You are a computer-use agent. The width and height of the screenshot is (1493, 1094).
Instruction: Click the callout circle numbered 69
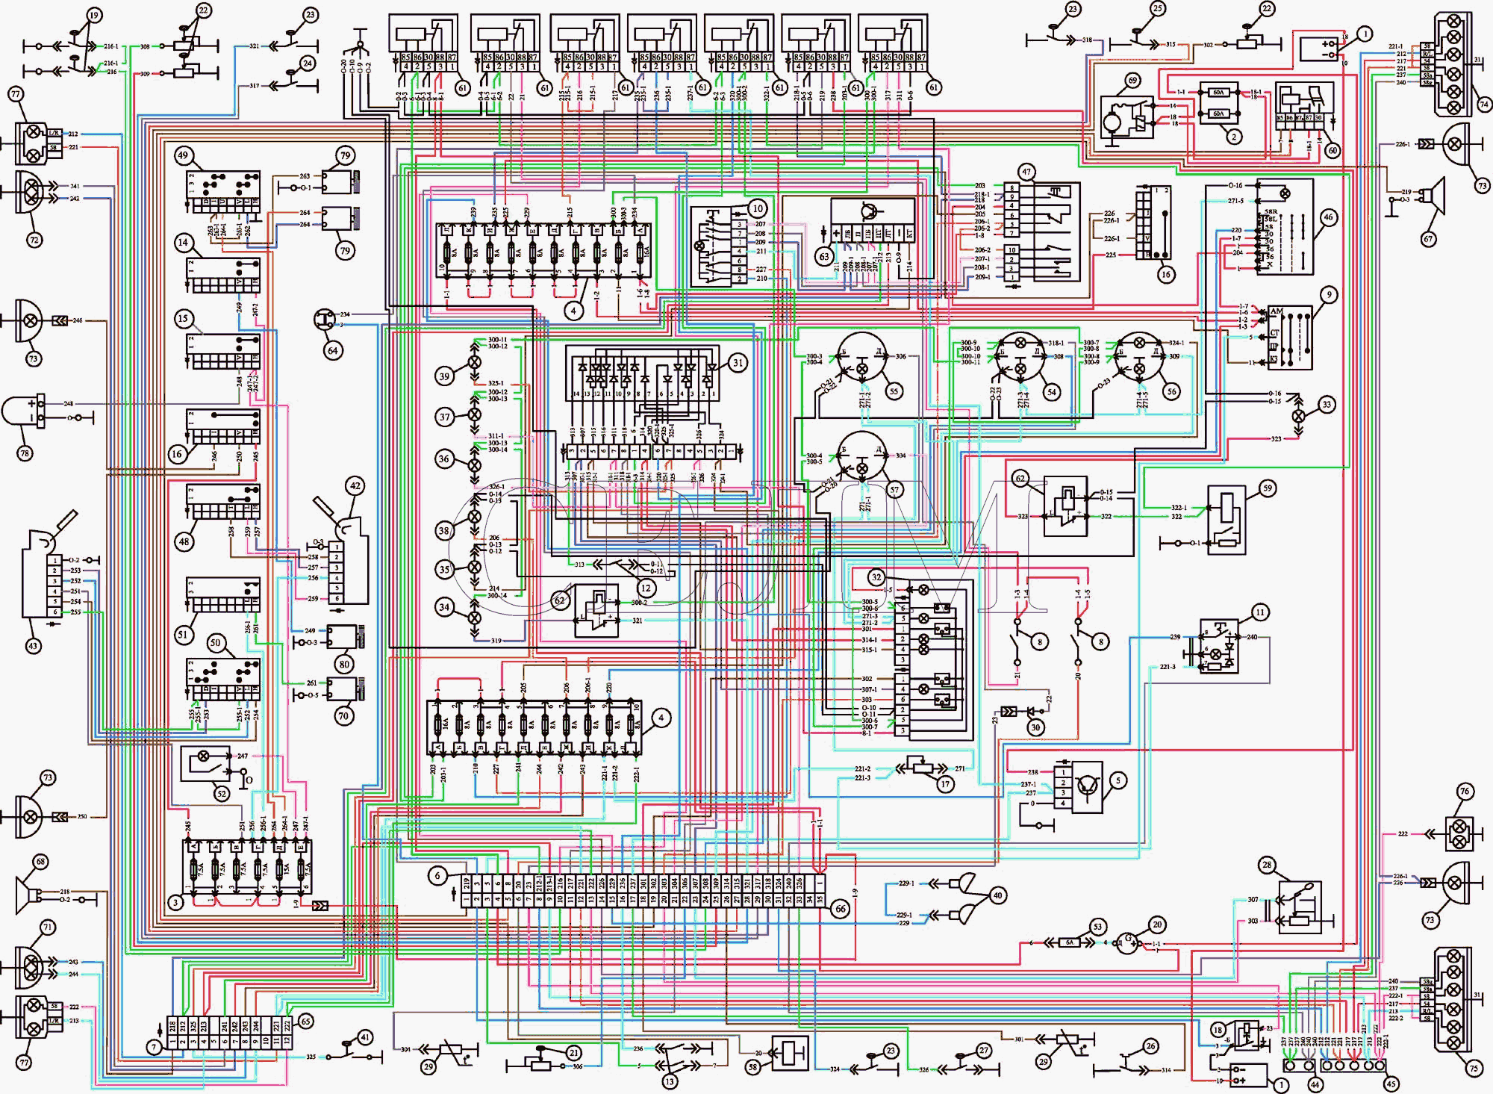1132,80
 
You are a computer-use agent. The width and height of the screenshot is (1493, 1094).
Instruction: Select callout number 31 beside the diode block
738,363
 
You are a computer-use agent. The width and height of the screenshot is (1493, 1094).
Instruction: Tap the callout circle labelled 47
1026,172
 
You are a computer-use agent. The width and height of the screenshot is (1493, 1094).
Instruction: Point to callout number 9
1329,295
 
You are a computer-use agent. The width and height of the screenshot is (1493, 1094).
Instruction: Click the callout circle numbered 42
355,485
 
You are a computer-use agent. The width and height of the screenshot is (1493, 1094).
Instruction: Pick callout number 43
33,646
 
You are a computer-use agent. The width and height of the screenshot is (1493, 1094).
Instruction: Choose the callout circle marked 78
25,453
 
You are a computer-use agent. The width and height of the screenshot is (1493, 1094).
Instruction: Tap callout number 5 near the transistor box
1118,781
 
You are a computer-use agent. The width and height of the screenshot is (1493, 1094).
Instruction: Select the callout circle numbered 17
946,784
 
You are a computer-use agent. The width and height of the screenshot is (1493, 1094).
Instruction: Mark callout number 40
997,895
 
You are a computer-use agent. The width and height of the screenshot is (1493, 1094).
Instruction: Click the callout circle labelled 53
1097,927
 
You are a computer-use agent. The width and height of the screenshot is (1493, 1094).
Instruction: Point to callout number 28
1267,865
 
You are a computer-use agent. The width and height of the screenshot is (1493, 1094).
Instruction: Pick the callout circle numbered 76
1465,792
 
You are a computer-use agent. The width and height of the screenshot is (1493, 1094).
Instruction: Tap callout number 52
222,794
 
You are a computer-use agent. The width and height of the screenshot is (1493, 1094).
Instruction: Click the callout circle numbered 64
333,350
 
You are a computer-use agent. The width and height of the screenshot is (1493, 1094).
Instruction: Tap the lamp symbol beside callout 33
1299,415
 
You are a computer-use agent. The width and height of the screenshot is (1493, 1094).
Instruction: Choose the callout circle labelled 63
824,256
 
